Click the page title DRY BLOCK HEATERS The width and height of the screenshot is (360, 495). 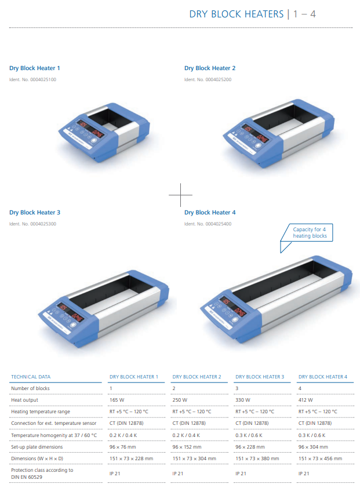click(x=236, y=14)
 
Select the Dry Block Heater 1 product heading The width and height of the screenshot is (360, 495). click(x=35, y=68)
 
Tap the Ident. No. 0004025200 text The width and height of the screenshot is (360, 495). click(x=208, y=79)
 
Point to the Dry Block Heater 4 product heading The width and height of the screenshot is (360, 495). click(x=210, y=213)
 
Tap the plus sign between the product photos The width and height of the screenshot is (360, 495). click(x=180, y=195)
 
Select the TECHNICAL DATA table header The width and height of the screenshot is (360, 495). click(x=31, y=377)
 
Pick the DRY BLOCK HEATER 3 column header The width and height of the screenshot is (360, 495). click(x=260, y=377)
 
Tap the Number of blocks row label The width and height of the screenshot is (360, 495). click(x=30, y=388)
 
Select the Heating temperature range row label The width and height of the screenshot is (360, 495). click(x=41, y=412)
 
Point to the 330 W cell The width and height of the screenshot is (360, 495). click(x=242, y=400)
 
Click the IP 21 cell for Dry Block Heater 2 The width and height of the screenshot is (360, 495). click(x=178, y=474)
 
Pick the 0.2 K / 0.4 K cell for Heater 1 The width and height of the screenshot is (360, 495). click(x=123, y=435)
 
